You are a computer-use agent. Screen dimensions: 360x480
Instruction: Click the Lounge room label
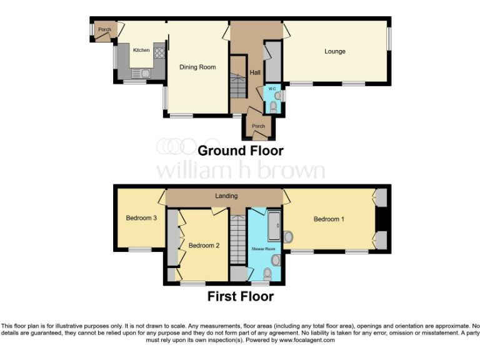pos(334,51)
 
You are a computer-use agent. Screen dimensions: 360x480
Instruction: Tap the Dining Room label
pos(197,67)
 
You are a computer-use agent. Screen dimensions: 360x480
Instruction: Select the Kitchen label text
pos(141,50)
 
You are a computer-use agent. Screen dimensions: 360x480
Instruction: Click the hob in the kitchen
pos(159,52)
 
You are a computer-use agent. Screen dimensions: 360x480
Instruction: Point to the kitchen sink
pos(141,73)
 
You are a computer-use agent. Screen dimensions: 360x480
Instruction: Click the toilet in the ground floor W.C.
pos(273,107)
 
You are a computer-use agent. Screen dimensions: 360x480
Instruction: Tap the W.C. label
pos(272,89)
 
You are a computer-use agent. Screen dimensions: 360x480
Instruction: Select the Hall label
pos(255,73)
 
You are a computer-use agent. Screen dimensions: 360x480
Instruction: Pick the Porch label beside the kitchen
pos(104,29)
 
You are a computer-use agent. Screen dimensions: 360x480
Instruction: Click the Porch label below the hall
pos(258,126)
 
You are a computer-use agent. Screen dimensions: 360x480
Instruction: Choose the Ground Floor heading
pos(241,151)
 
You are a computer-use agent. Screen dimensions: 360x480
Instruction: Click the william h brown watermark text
pos(240,170)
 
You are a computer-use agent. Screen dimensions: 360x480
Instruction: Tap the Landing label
pos(226,196)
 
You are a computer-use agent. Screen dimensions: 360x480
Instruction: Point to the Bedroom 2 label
pos(204,246)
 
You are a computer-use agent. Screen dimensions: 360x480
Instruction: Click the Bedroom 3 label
pos(141,218)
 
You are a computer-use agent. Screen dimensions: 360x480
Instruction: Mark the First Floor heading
pos(241,296)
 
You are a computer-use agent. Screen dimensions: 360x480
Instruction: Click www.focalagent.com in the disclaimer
pos(307,340)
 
